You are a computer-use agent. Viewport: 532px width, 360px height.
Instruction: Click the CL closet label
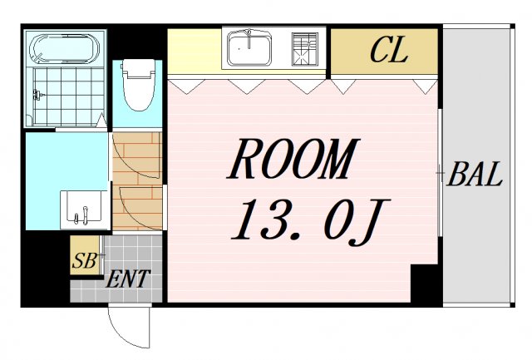coord(389,50)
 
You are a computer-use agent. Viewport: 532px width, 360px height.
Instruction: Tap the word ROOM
coord(292,159)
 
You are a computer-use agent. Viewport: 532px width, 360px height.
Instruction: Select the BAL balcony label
coord(475,174)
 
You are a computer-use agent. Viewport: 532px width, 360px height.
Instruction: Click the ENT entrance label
coord(127,279)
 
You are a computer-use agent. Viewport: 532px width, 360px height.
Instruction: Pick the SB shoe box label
coord(84,260)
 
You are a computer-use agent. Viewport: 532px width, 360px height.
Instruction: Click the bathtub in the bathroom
coord(65,48)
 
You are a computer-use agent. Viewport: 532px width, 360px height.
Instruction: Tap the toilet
coord(138,85)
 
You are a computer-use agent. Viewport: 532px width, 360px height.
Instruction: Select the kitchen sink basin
coord(249,48)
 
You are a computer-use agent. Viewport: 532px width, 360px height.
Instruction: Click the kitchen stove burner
coord(305,49)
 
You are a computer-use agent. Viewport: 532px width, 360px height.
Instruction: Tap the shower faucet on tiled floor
coord(37,95)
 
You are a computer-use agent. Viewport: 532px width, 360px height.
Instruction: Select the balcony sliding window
coord(440,172)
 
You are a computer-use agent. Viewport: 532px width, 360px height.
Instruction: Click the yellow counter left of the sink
coord(195,51)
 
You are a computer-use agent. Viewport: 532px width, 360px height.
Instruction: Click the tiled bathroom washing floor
coord(68,96)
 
